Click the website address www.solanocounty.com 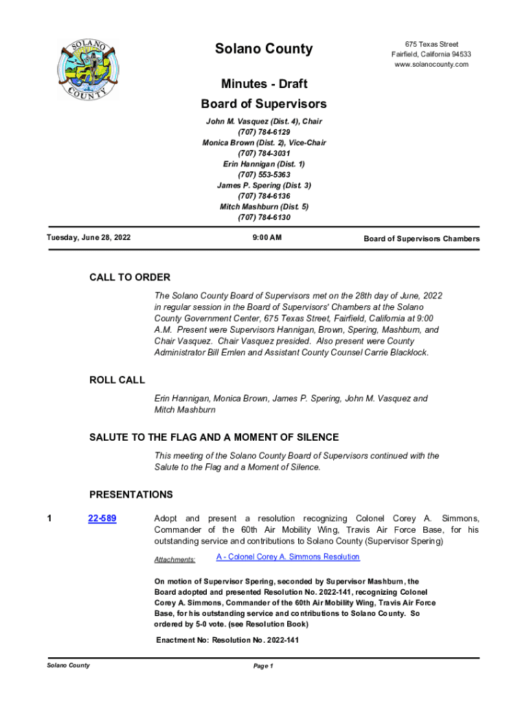[x=431, y=65]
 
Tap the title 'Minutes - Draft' [x=264, y=84]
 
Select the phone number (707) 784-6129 [x=264, y=132]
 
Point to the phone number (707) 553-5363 [x=264, y=175]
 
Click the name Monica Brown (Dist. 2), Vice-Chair [x=264, y=143]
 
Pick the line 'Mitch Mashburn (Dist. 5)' [x=264, y=207]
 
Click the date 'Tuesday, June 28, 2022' [x=89, y=238]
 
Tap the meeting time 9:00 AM [x=264, y=239]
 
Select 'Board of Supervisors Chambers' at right [x=421, y=239]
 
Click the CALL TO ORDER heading [x=130, y=278]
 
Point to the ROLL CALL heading [x=117, y=380]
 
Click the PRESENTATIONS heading [x=131, y=495]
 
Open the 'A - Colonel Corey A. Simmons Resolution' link [x=287, y=557]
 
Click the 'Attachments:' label [x=175, y=560]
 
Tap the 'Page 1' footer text [x=264, y=666]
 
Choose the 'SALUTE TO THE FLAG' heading [x=214, y=438]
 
